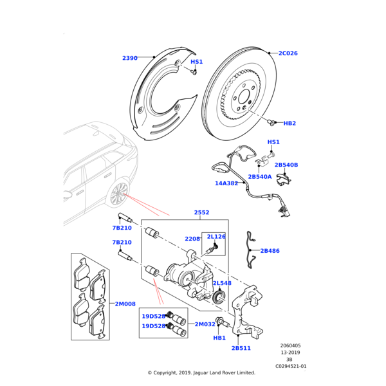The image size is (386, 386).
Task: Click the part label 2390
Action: click(x=130, y=58)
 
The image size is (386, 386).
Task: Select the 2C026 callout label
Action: click(x=288, y=53)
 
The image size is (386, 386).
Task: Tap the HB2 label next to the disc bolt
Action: click(x=289, y=123)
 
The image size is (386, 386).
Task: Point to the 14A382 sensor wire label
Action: click(x=226, y=183)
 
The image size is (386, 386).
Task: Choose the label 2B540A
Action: click(x=260, y=176)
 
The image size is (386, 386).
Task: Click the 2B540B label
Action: click(x=286, y=165)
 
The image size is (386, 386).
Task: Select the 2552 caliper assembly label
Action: click(x=201, y=212)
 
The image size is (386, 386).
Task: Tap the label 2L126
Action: click(x=216, y=237)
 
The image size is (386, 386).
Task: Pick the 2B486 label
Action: click(x=270, y=251)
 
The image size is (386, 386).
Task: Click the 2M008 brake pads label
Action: click(x=125, y=304)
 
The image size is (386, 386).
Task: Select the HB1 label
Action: click(x=219, y=338)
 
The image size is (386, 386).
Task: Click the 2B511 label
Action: click(x=241, y=348)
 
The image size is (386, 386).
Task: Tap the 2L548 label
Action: click(x=222, y=283)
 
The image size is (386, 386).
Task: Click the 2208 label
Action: click(x=192, y=239)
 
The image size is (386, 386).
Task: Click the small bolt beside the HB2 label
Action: click(x=271, y=121)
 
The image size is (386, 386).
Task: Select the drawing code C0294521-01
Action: click(x=291, y=366)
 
